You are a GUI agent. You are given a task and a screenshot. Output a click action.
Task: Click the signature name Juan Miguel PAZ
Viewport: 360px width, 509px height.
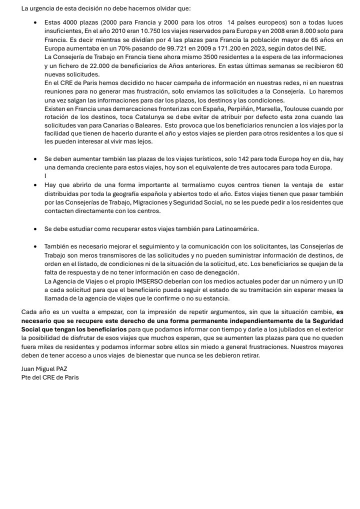[44, 369]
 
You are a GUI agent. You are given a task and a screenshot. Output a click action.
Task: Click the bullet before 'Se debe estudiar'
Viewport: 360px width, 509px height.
[34, 229]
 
